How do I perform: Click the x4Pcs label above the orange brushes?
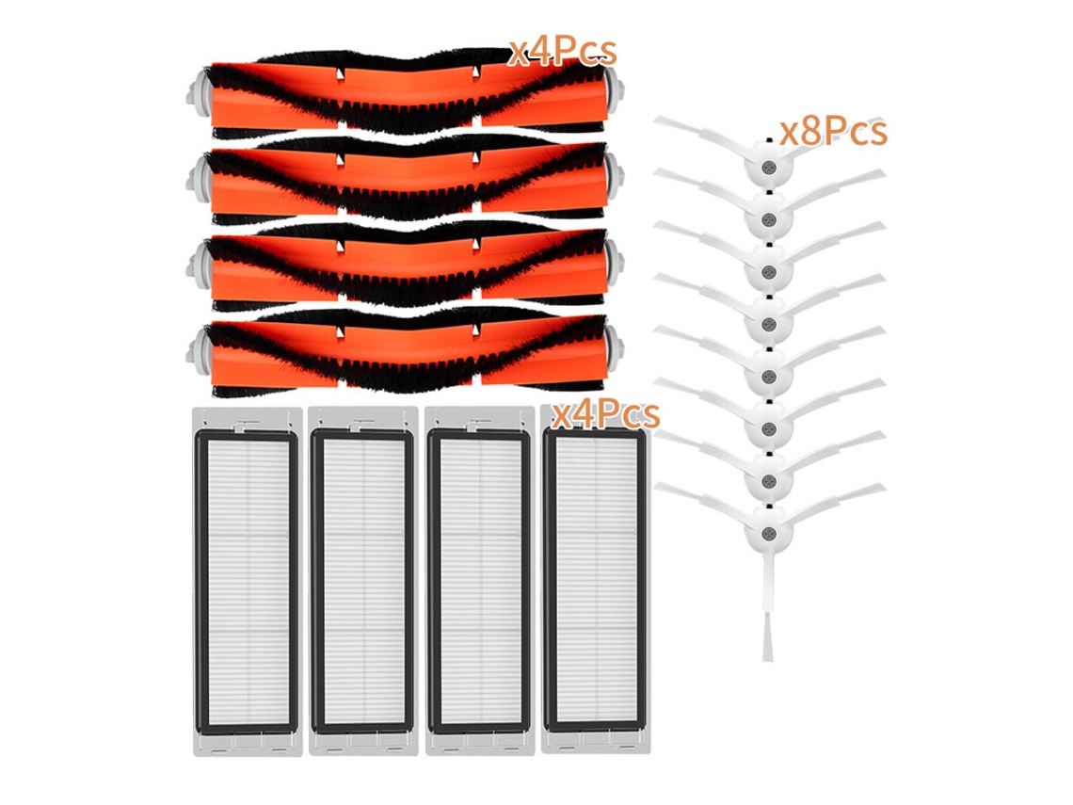pos(562,51)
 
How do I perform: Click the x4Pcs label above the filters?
pos(605,412)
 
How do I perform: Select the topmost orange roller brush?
pos(405,92)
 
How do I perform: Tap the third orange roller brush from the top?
pos(405,267)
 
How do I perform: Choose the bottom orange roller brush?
pos(405,355)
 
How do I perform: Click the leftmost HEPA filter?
pos(247,582)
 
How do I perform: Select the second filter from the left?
pos(362,581)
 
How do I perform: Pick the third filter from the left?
pos(479,581)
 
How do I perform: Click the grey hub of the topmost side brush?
pos(768,167)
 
